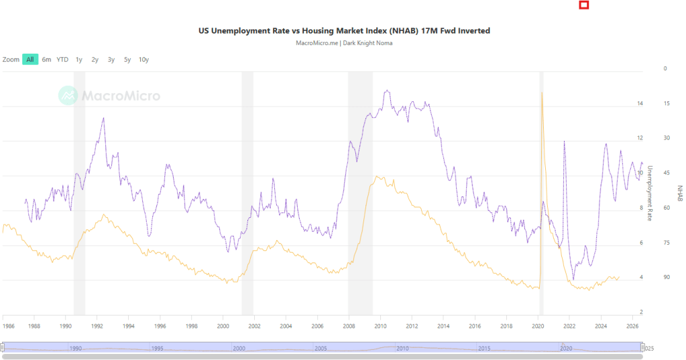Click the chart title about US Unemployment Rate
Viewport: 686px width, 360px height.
pos(344,31)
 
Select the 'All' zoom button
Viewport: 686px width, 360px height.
pos(30,60)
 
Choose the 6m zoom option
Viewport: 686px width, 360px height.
pos(46,60)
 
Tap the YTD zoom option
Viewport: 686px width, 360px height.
pos(62,60)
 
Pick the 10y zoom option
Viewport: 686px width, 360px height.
pos(144,60)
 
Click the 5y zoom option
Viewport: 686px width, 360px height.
pos(127,60)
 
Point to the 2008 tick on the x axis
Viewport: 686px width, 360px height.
pos(349,326)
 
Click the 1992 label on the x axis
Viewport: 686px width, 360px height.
pos(97,326)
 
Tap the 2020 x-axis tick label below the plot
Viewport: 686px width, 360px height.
pos(538,326)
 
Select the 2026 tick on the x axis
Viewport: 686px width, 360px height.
pos(632,326)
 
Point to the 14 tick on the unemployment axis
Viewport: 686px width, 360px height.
pos(640,103)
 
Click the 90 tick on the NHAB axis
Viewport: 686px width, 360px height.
pos(666,277)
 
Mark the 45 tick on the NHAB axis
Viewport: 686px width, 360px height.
pos(666,173)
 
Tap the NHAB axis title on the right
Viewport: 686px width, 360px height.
pos(679,194)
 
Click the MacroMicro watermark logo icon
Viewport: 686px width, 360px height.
pos(68,96)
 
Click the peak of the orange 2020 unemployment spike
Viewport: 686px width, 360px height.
pos(542,93)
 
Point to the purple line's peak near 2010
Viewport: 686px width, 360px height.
pos(386,91)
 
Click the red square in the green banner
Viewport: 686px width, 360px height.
pos(584,5)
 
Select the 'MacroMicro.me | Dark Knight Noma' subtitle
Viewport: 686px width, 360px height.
pos(344,43)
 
